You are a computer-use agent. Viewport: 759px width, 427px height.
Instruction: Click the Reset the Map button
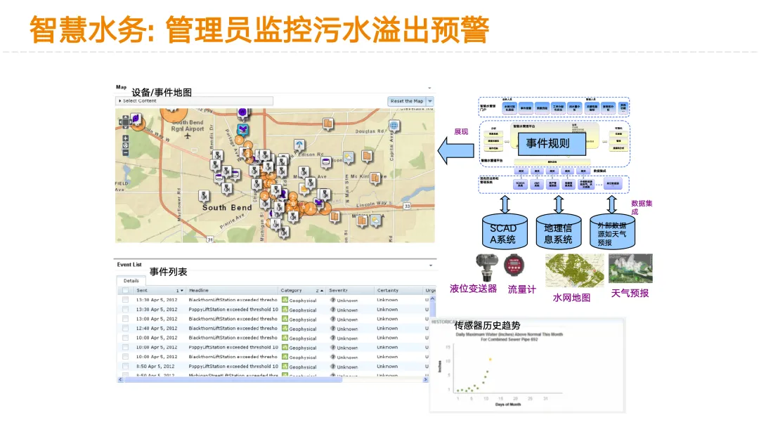pyautogui.click(x=407, y=101)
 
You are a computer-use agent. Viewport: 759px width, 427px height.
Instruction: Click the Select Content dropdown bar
pyautogui.click(x=194, y=101)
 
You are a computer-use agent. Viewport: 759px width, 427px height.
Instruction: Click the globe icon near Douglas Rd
pyautogui.click(x=394, y=126)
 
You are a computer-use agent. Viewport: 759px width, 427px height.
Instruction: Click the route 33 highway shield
pyautogui.click(x=408, y=206)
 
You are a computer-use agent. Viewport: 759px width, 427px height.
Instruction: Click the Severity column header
pyautogui.click(x=339, y=290)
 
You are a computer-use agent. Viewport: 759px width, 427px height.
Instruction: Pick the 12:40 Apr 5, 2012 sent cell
pyautogui.click(x=156, y=328)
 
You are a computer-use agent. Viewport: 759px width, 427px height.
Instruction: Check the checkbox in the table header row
pyautogui.click(x=125, y=290)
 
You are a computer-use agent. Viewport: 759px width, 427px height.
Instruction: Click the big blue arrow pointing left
pyautogui.click(x=456, y=150)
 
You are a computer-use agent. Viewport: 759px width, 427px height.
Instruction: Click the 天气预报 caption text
pyautogui.click(x=630, y=293)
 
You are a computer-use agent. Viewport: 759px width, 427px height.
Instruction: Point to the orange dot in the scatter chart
pyautogui.click(x=490, y=360)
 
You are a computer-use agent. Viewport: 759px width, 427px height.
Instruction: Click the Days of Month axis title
pyautogui.click(x=509, y=405)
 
